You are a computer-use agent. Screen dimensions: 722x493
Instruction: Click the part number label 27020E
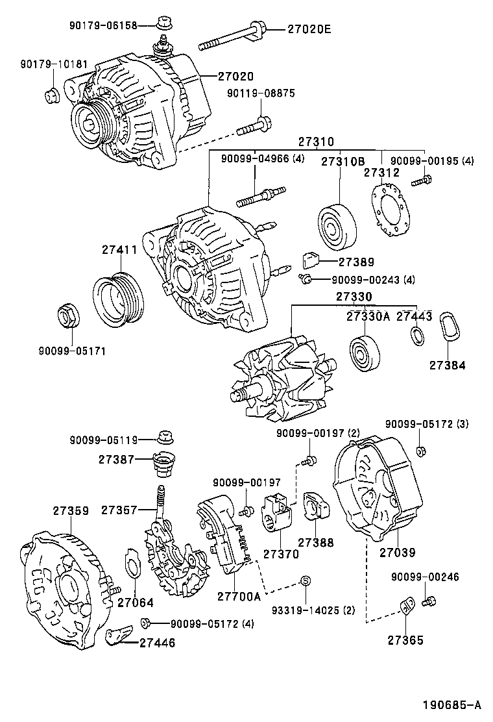point(301,29)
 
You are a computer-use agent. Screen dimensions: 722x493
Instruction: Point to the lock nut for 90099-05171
point(67,316)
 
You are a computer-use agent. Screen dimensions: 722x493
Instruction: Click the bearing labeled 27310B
point(337,227)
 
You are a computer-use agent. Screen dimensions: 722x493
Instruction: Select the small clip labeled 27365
point(407,607)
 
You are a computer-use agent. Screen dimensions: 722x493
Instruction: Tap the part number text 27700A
point(238,595)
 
